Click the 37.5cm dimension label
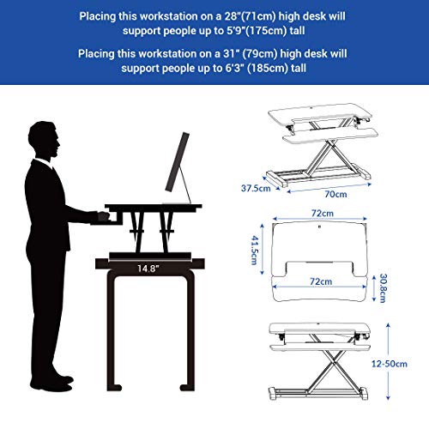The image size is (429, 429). click(256, 188)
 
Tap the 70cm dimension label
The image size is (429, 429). click(335, 194)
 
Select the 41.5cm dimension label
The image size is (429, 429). click(254, 250)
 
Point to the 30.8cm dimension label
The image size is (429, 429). click(383, 288)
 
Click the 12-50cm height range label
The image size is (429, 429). click(390, 364)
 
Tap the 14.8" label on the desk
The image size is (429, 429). click(148, 269)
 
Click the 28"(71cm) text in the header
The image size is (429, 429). click(250, 16)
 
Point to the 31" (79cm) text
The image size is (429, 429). click(251, 53)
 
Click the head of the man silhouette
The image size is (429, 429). click(44, 140)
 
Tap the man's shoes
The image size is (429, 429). click(52, 384)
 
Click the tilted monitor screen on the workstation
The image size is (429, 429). click(178, 162)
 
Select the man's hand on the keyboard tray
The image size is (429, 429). click(103, 216)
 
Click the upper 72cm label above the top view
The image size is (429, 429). click(323, 213)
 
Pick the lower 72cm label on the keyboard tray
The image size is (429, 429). click(321, 281)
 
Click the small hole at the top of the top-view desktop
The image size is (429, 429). click(319, 227)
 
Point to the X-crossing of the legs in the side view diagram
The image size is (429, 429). click(333, 362)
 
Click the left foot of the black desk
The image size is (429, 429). click(115, 388)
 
